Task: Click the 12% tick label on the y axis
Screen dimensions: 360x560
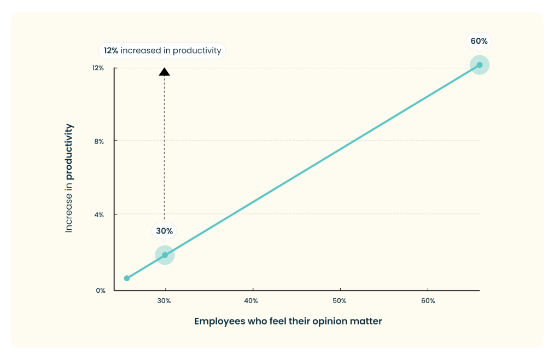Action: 98,68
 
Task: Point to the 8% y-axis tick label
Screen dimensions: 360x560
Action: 100,141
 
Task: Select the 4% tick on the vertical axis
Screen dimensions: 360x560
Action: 100,214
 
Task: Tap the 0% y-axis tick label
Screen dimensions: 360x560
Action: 100,291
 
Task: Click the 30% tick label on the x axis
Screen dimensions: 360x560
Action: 165,301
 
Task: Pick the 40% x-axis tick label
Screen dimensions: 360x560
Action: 251,301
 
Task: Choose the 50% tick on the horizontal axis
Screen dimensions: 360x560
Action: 340,301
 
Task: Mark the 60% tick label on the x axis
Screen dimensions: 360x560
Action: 428,301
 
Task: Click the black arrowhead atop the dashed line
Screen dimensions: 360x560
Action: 164,72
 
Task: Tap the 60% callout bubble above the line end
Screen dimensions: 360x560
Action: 479,41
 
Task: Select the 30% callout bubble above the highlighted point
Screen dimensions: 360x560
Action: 164,231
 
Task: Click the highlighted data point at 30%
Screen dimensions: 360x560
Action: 165,255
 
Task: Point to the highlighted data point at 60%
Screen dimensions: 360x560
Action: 480,65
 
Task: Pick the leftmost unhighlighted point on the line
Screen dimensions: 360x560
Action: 127,278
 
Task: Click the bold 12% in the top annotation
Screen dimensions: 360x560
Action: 111,51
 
